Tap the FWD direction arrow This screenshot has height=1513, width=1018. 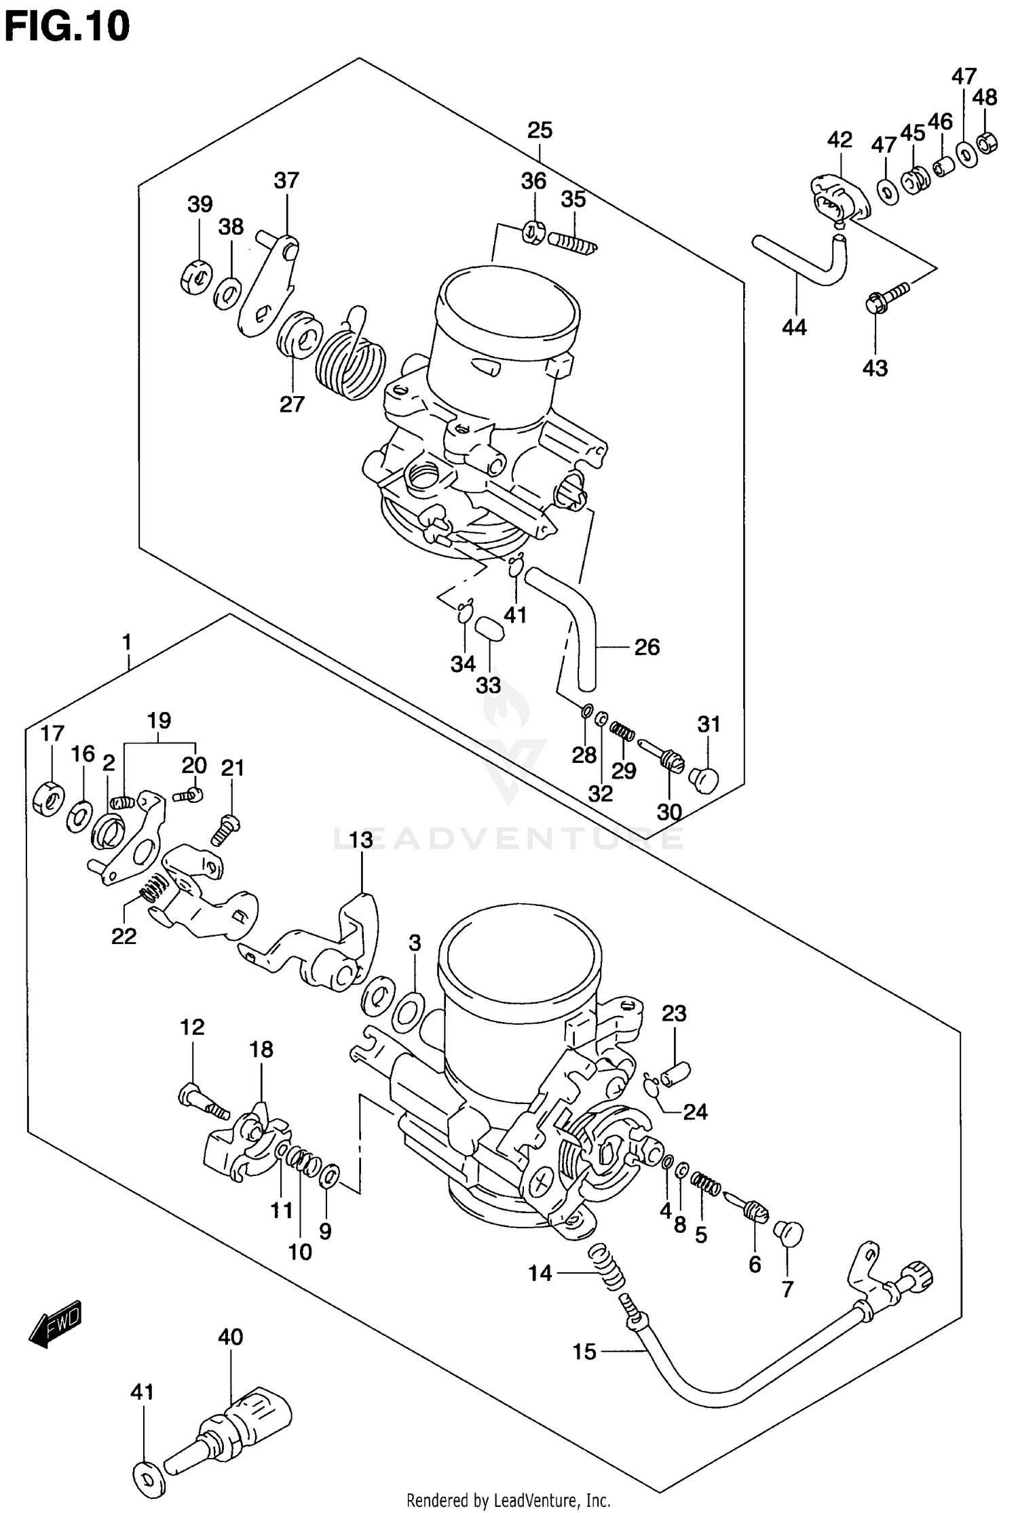(55, 1323)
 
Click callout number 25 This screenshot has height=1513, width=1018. (540, 130)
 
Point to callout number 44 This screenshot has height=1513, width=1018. (794, 328)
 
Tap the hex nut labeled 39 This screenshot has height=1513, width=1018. (197, 277)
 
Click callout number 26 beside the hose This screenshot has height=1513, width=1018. (646, 647)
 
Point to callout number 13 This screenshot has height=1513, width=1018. (361, 840)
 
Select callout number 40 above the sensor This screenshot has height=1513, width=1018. (231, 1337)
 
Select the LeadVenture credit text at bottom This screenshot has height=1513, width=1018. (508, 1500)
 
